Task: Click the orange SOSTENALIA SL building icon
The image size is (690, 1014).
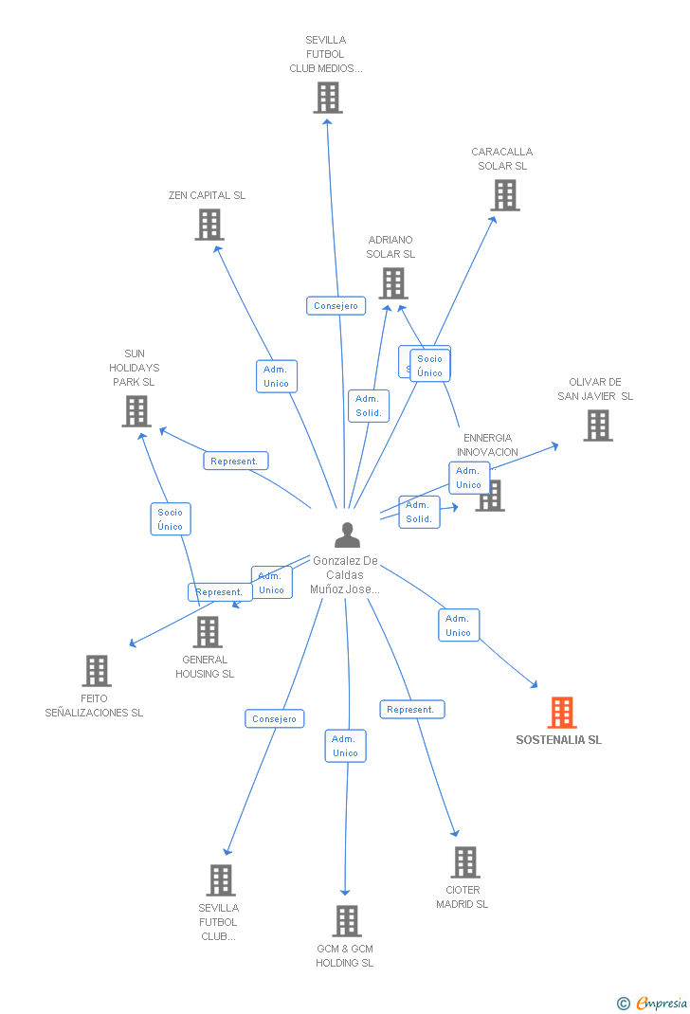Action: tap(562, 713)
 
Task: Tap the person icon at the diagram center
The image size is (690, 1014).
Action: tap(347, 535)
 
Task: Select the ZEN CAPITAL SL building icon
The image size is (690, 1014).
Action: tap(209, 225)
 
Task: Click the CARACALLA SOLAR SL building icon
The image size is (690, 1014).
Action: tap(505, 195)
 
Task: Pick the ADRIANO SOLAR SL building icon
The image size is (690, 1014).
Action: tap(393, 283)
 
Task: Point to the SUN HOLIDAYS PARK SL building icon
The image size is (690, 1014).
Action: tap(136, 411)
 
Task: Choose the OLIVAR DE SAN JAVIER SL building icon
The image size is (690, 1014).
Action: tap(598, 426)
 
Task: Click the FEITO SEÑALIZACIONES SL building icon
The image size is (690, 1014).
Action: tap(97, 671)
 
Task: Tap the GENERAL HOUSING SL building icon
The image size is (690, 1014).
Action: tap(208, 632)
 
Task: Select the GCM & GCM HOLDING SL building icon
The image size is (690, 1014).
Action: tap(347, 921)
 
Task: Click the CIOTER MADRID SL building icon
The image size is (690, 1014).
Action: tap(465, 862)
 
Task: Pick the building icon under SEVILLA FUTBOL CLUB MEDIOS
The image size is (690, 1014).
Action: tap(328, 98)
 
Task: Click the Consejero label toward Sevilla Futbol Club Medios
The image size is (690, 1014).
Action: tap(336, 305)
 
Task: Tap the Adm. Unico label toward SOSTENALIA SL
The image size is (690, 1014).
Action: tap(459, 625)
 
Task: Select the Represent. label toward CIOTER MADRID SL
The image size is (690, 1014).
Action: tap(411, 709)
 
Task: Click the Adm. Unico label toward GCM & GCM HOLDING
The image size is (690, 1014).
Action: tap(345, 746)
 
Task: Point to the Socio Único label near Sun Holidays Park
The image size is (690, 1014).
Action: tap(171, 519)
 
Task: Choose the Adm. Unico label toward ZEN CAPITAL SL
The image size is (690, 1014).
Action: tap(276, 376)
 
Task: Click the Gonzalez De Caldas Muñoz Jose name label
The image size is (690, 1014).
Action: tap(346, 575)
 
